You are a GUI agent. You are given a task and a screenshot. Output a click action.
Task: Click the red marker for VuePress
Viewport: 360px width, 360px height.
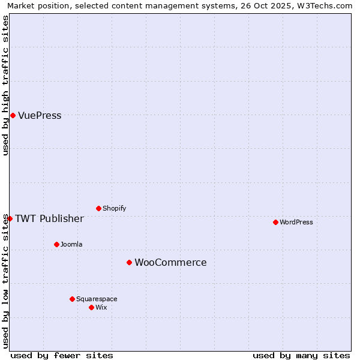point(13,115)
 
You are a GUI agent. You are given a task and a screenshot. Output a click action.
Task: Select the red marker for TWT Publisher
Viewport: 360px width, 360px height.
point(10,218)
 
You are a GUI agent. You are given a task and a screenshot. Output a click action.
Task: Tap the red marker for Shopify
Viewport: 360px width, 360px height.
point(98,208)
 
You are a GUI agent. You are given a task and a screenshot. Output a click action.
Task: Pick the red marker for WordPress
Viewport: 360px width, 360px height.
point(275,222)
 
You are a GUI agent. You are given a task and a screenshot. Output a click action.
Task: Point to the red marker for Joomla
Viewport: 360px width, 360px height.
point(56,244)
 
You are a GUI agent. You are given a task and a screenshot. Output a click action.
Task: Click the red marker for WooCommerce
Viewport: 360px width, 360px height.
point(129,262)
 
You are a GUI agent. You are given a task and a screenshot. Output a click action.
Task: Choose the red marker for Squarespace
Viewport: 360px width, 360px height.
point(72,299)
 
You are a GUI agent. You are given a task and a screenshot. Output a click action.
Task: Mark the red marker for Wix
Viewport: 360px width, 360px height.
point(91,307)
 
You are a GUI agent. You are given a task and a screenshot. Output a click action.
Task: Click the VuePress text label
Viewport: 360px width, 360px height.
point(40,116)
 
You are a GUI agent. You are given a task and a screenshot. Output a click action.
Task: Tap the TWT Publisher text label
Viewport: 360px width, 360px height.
point(49,218)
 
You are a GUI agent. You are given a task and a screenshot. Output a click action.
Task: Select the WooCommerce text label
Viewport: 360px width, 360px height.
point(170,263)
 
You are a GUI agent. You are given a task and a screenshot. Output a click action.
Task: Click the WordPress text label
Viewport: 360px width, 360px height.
point(296,222)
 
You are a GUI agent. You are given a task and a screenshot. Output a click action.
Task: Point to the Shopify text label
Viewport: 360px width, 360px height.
point(114,208)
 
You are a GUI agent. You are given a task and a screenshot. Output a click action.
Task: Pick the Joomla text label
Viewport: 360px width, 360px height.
point(71,244)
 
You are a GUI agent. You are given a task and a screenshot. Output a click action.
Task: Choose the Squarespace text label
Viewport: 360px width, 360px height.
point(97,299)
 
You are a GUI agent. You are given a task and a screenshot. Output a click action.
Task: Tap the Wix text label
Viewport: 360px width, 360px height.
point(101,307)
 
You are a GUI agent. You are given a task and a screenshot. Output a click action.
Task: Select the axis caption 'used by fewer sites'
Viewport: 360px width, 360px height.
point(62,355)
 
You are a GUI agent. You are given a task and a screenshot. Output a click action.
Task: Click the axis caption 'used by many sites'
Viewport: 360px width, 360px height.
point(301,355)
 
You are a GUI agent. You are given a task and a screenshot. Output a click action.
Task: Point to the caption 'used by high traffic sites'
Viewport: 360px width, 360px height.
point(5,85)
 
